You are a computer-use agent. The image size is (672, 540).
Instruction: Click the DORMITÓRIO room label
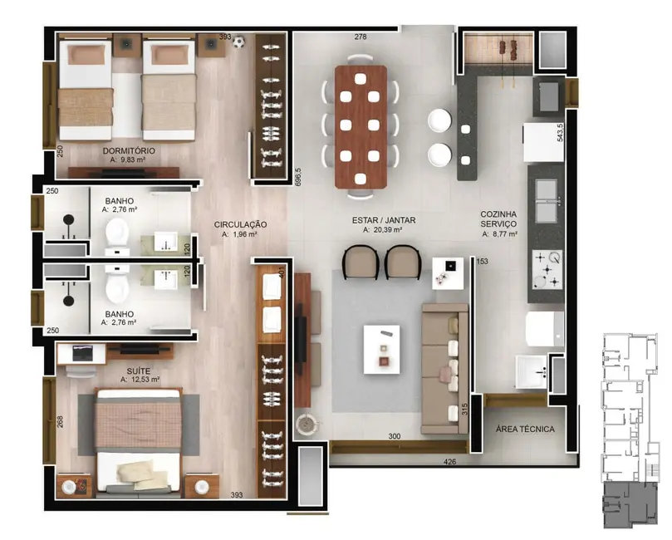[129, 151]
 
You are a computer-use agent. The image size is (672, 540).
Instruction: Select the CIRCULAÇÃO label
[240, 224]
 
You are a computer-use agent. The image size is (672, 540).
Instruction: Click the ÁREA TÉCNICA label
[525, 429]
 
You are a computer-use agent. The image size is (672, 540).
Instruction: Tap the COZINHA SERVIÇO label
[498, 219]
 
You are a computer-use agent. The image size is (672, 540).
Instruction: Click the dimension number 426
[449, 461]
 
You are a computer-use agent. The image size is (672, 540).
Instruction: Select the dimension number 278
[360, 37]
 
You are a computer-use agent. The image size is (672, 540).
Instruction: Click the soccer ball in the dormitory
[239, 41]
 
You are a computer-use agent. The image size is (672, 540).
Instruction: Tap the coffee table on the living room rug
[381, 347]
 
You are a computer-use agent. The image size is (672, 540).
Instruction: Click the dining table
[361, 125]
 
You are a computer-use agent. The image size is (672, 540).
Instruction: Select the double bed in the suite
[139, 442]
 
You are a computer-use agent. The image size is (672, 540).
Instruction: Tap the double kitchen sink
[547, 202]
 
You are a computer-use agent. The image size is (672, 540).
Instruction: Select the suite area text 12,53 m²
[140, 380]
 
